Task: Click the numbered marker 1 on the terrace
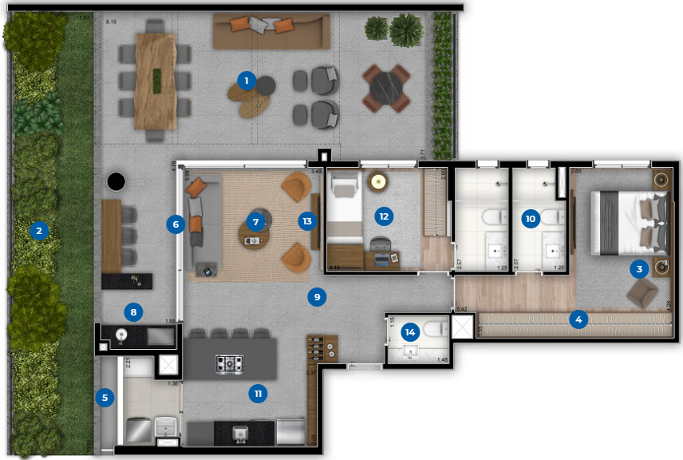click(x=247, y=80)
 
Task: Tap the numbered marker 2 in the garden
click(x=37, y=232)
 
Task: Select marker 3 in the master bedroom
click(x=638, y=269)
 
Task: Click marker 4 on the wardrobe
click(x=578, y=320)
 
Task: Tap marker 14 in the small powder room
click(x=410, y=331)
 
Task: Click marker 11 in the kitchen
click(x=256, y=393)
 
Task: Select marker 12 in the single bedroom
click(x=384, y=215)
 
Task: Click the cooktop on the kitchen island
click(x=230, y=363)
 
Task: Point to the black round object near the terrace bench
click(x=116, y=182)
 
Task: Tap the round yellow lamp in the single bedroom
click(x=377, y=181)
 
